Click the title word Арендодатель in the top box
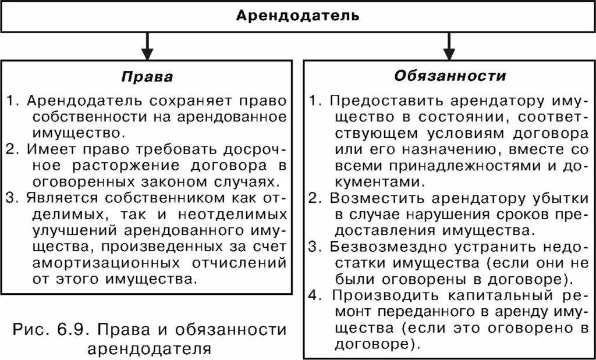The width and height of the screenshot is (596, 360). [x=297, y=16]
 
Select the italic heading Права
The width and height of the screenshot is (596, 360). [x=147, y=77]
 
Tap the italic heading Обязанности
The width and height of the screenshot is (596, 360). [x=450, y=76]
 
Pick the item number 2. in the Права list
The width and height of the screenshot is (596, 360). [x=13, y=149]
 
